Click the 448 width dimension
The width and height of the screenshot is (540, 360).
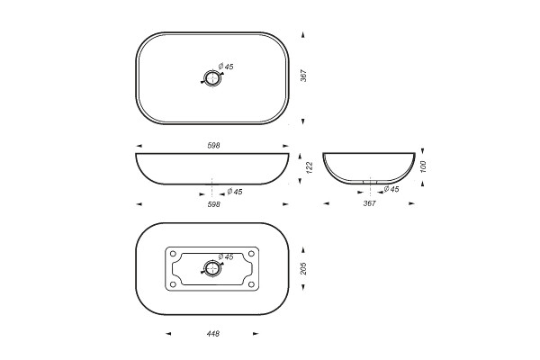click(x=213, y=334)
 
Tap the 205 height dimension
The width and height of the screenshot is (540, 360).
click(x=303, y=269)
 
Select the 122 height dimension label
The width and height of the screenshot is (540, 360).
click(x=310, y=167)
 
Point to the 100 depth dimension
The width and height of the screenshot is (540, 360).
click(x=423, y=166)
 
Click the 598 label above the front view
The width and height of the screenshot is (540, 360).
click(x=213, y=146)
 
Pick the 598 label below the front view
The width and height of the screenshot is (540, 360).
click(x=213, y=204)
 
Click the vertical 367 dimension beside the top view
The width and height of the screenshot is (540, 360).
click(x=303, y=76)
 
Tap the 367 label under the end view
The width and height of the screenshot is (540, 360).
click(x=369, y=203)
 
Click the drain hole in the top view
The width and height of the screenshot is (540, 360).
click(x=211, y=78)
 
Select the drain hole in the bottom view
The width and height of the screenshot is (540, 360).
click(x=211, y=268)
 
